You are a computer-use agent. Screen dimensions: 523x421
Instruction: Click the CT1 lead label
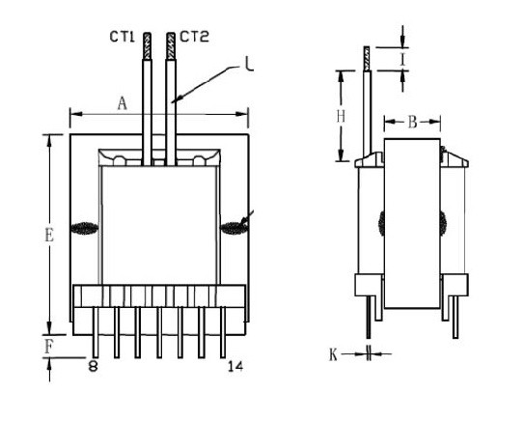(123, 37)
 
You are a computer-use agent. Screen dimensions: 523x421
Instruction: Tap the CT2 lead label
(195, 37)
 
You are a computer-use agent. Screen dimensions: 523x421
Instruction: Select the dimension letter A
(123, 103)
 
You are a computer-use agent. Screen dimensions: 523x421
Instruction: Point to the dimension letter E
(49, 235)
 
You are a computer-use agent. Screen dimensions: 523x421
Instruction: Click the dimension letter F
(48, 347)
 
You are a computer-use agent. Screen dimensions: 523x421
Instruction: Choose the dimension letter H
(341, 117)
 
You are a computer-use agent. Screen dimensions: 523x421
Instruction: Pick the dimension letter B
(413, 123)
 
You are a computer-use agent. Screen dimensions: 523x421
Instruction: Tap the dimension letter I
(403, 60)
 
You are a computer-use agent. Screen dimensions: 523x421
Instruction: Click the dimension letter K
(333, 354)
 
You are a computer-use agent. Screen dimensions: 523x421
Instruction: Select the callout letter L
(249, 65)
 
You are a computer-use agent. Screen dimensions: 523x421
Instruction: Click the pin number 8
(94, 367)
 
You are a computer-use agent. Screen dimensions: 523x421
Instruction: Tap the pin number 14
(235, 367)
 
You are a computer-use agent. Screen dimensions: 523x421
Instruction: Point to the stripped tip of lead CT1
(147, 46)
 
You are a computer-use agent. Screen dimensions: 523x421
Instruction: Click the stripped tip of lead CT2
(171, 46)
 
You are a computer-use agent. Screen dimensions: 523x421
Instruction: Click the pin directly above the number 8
(96, 332)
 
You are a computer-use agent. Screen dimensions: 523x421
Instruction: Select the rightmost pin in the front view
(223, 332)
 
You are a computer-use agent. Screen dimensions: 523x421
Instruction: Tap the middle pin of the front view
(159, 332)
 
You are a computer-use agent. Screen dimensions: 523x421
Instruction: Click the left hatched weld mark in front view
(84, 228)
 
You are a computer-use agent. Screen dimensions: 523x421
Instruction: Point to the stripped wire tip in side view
(367, 59)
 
